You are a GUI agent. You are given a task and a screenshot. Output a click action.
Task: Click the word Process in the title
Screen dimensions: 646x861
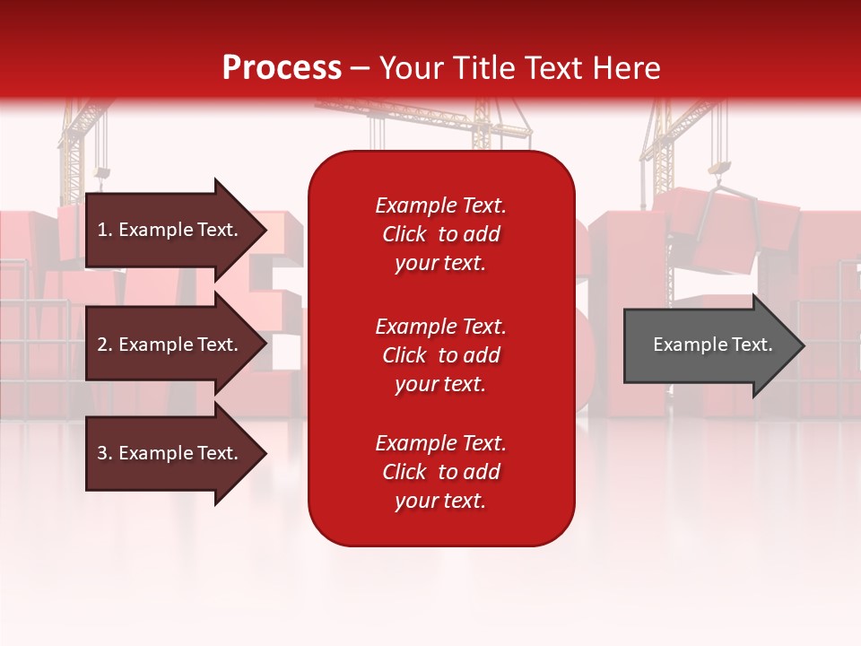[282, 68]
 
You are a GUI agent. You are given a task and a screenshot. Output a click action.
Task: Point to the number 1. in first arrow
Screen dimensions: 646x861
[105, 230]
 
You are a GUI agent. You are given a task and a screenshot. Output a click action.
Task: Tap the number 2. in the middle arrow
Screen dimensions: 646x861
[105, 345]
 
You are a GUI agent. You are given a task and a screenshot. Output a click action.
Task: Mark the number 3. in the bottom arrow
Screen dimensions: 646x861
[105, 453]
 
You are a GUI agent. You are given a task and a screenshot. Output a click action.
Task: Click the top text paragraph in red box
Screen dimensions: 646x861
[440, 234]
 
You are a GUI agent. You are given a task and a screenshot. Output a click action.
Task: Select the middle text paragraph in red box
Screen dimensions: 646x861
[440, 355]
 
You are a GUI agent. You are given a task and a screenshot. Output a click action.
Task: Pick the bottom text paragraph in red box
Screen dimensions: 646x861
[440, 472]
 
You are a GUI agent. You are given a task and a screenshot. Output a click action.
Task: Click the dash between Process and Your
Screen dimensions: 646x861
[361, 69]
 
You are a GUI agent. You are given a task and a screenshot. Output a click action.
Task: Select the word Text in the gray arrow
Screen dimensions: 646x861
[752, 345]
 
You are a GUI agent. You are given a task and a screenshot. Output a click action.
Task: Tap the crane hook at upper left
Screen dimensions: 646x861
[102, 172]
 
